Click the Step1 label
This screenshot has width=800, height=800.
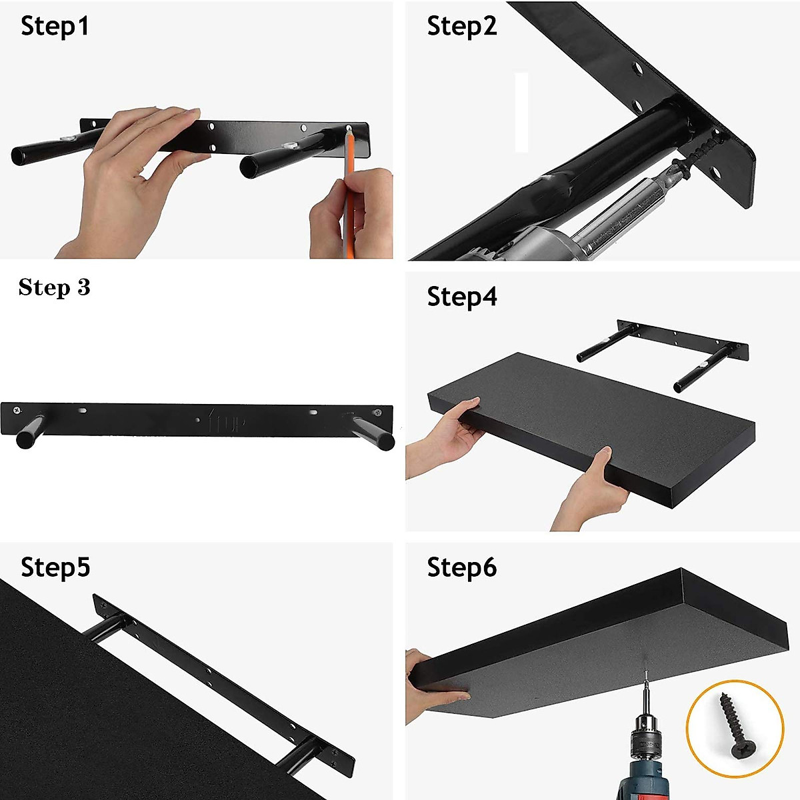[55, 27]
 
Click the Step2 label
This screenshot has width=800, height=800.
[461, 27]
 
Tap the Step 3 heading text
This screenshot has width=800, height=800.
[54, 287]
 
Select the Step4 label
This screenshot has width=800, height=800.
[461, 297]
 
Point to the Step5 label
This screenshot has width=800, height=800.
[55, 567]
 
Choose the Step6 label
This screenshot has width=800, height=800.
[461, 567]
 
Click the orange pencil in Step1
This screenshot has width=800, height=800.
[348, 193]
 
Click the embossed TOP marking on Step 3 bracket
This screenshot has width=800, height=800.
[226, 422]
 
